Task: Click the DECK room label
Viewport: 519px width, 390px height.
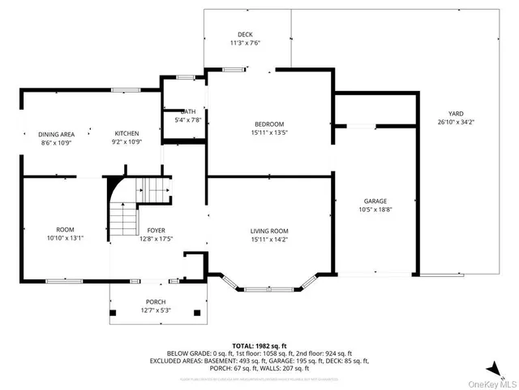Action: click(x=245, y=34)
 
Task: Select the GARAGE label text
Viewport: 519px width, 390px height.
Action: click(x=375, y=201)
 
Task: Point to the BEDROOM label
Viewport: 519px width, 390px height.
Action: click(x=269, y=123)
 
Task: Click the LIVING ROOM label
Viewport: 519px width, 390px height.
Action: click(x=269, y=231)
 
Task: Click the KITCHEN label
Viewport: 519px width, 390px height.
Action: click(x=127, y=133)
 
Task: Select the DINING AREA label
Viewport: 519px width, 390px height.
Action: click(x=57, y=133)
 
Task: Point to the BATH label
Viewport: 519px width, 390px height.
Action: click(x=188, y=111)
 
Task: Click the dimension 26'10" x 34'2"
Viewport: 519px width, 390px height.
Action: click(x=455, y=122)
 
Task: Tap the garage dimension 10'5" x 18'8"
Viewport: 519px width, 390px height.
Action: click(x=375, y=210)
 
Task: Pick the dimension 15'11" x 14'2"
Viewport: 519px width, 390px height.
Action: click(x=269, y=240)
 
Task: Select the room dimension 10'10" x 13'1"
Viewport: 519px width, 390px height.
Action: click(x=65, y=238)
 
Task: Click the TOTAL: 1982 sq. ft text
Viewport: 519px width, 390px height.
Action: click(x=259, y=345)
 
